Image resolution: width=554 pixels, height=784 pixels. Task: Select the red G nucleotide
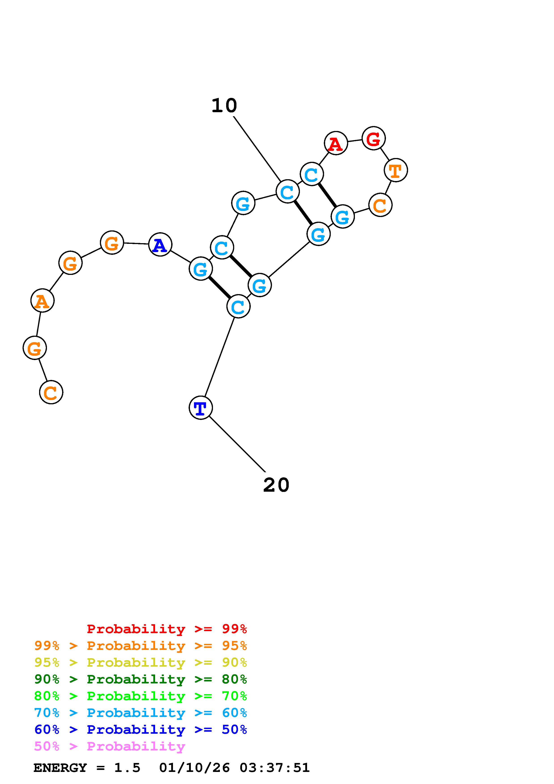(x=373, y=138)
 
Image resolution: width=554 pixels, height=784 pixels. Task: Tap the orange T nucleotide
(x=396, y=170)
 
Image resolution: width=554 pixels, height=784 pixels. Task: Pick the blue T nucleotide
(x=201, y=407)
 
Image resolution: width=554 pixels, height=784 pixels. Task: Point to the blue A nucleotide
(x=160, y=244)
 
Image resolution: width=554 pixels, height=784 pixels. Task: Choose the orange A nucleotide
(x=42, y=301)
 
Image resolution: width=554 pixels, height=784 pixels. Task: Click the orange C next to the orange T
(x=380, y=205)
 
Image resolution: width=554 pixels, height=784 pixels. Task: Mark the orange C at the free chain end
(x=51, y=392)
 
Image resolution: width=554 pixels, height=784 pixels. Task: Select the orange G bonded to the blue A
(x=112, y=242)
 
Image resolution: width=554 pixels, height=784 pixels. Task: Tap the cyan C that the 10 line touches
(x=287, y=192)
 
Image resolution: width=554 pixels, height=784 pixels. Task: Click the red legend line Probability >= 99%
(x=167, y=629)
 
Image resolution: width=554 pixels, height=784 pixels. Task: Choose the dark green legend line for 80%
(x=141, y=679)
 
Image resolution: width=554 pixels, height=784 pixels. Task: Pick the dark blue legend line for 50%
(x=141, y=729)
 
